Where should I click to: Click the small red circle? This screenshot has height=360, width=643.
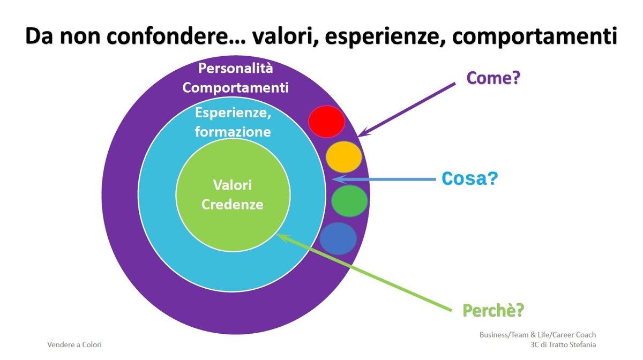coord(326,122)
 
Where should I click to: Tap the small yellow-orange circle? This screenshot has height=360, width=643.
coord(343,156)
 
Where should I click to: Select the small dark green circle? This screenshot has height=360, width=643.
coord(349,201)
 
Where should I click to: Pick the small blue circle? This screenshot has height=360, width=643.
coord(338,238)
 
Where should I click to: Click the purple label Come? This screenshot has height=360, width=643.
coord(494,78)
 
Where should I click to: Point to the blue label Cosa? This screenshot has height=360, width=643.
coord(469,178)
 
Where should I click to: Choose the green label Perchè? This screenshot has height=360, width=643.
coord(493,310)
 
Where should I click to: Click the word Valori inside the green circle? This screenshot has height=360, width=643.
coord(233,185)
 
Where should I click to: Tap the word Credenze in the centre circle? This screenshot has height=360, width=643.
coord(233,204)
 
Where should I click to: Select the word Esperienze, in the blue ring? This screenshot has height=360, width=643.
coord(232,114)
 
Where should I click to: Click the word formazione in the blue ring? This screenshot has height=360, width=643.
coord(233,131)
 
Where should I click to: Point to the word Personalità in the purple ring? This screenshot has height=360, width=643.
coord(235,69)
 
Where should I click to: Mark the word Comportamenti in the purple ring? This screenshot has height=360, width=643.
coord(235,87)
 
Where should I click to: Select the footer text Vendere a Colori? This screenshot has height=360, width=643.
coord(74,345)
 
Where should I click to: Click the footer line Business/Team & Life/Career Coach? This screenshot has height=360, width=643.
coord(537,335)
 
